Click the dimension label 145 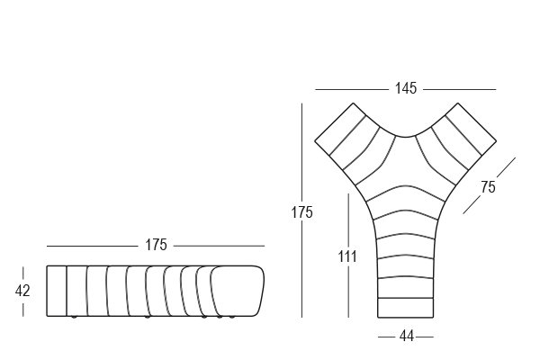(x=406, y=88)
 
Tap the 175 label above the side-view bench (x=156, y=245)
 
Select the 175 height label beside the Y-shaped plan (x=302, y=212)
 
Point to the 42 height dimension (x=22, y=291)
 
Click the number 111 (x=347, y=256)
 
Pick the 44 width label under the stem (x=407, y=337)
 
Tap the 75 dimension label (x=488, y=187)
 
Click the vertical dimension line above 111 (x=348, y=220)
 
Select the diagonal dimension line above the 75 (x=506, y=167)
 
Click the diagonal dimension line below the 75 (x=472, y=205)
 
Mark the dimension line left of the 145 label (x=352, y=90)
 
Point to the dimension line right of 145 (x=459, y=90)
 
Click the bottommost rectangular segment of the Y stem (x=406, y=307)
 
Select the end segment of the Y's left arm (x=340, y=129)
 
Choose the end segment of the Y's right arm (x=471, y=129)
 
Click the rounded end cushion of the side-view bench (x=238, y=291)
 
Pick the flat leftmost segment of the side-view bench (x=57, y=291)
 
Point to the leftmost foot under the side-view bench (x=73, y=317)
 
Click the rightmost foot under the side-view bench (x=232, y=317)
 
